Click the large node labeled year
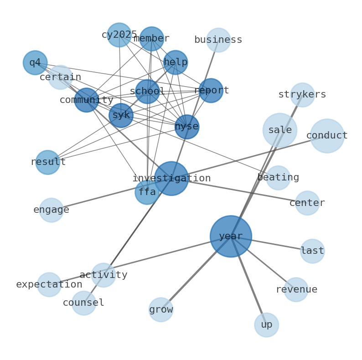pyautogui.click(x=231, y=236)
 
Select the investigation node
pyautogui.click(x=171, y=178)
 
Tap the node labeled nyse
pyautogui.click(x=187, y=127)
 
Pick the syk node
pyautogui.click(x=121, y=115)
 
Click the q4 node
pyautogui.click(x=35, y=62)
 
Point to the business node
pyautogui.click(x=218, y=40)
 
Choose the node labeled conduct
pyautogui.click(x=327, y=136)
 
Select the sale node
pyautogui.click(x=280, y=130)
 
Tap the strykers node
pyautogui.click(x=302, y=95)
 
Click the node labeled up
pyautogui.click(x=266, y=324)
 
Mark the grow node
pyautogui.click(x=161, y=309)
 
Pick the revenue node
pyautogui.click(x=296, y=289)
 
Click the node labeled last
pyautogui.click(x=312, y=251)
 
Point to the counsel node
pyautogui.click(x=84, y=303)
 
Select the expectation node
pyautogui.click(x=49, y=284)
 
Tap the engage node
pyautogui.click(x=52, y=210)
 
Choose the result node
pyautogui.click(x=48, y=162)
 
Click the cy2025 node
pyautogui.click(x=119, y=35)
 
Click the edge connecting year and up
pyautogui.click(x=248, y=280)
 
